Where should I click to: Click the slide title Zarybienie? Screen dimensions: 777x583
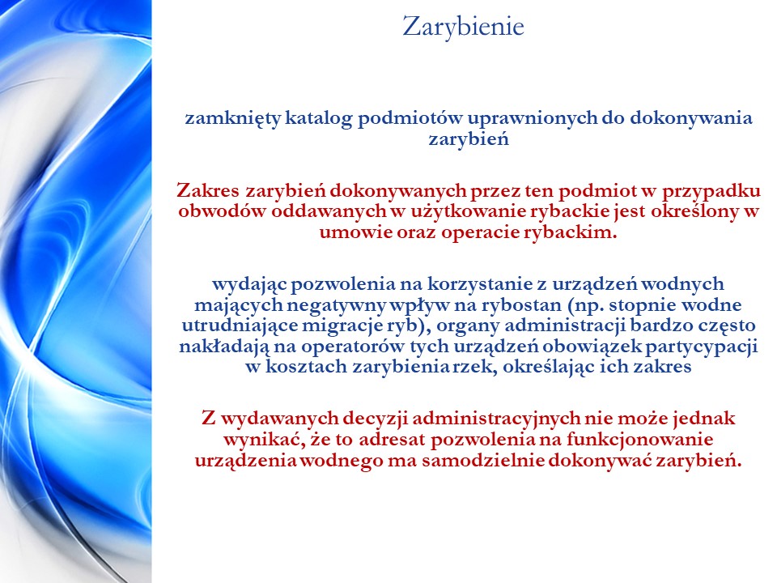(x=463, y=27)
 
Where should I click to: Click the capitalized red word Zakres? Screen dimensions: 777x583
(x=208, y=189)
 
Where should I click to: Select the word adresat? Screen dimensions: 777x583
(x=392, y=440)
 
